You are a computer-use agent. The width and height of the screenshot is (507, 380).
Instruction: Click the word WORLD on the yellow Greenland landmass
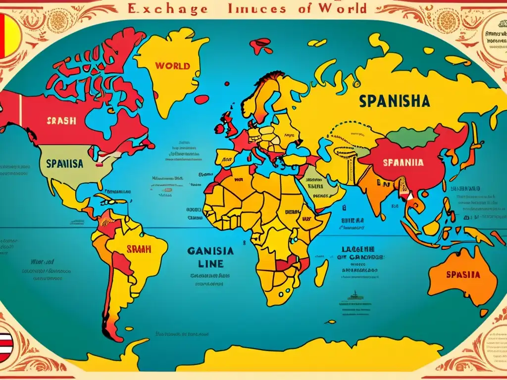(172, 66)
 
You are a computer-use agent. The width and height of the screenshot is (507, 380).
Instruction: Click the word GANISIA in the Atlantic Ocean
(210, 251)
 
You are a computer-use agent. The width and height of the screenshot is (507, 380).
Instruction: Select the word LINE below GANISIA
(211, 264)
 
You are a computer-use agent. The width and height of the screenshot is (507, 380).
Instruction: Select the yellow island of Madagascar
(322, 272)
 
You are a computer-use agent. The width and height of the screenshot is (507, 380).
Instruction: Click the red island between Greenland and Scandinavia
(260, 46)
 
